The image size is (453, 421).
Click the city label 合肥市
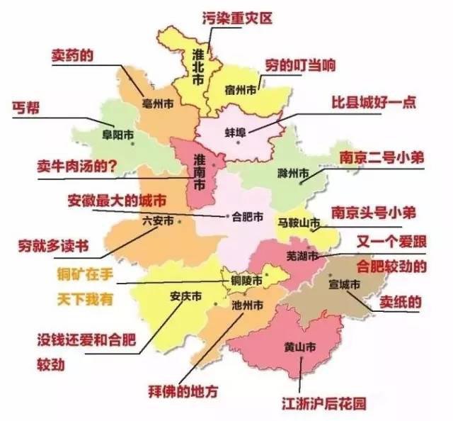click(248, 216)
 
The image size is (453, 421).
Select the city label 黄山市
click(299, 348)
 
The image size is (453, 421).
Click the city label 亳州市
click(158, 103)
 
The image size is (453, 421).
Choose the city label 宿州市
click(240, 91)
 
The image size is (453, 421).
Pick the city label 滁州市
click(292, 173)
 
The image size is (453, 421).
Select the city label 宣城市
click(345, 284)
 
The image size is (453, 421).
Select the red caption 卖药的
click(73, 55)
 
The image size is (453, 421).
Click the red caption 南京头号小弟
click(374, 213)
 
